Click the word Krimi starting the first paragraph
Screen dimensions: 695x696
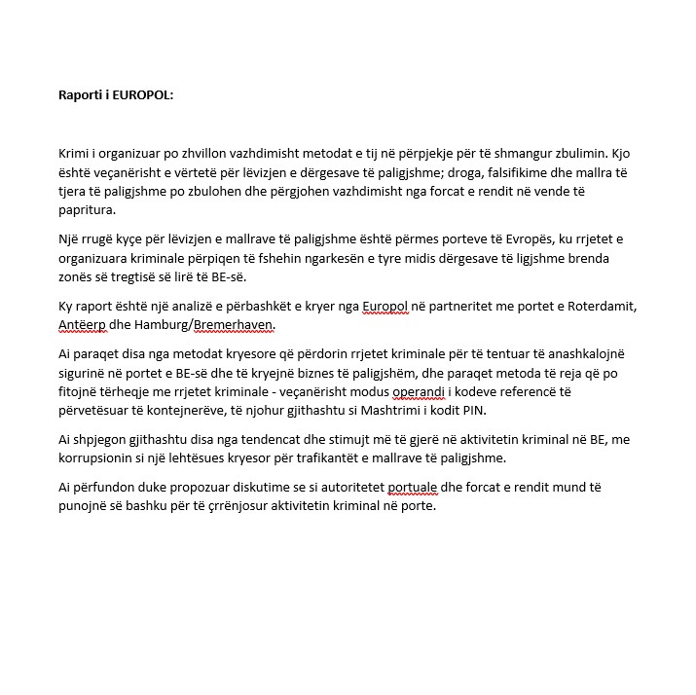(x=75, y=153)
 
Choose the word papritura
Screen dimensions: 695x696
(x=87, y=210)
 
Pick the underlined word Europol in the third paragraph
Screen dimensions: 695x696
(x=384, y=307)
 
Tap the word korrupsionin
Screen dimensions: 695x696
(x=102, y=459)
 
